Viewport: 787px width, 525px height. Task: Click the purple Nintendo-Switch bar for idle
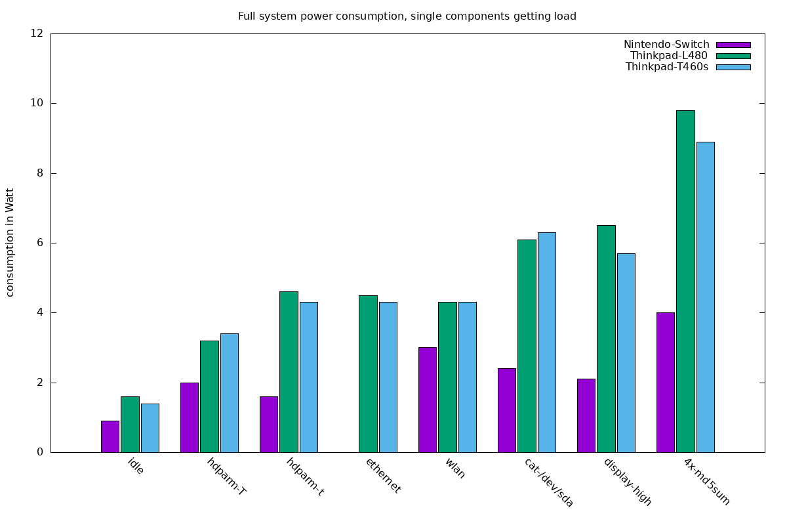coord(110,436)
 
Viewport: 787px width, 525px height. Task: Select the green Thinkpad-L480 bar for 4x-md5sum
coord(685,282)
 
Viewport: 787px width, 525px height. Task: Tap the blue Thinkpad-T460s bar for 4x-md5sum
coord(706,297)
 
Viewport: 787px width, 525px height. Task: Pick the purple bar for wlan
coord(428,400)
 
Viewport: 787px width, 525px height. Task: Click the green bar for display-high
coord(606,339)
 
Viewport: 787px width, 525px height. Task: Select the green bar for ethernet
coord(368,374)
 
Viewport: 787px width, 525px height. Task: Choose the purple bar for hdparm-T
coord(190,417)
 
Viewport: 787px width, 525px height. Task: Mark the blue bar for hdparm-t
coord(309,377)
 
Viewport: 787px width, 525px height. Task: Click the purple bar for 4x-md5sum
coord(666,383)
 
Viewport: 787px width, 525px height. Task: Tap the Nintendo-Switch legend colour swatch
coord(733,45)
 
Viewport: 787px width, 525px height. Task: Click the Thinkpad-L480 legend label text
coord(669,56)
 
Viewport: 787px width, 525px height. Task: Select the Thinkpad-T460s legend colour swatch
coord(733,67)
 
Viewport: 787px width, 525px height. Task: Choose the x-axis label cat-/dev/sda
coord(549,482)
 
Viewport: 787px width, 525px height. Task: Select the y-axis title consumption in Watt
coord(10,242)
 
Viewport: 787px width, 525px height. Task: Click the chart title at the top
coord(407,16)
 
